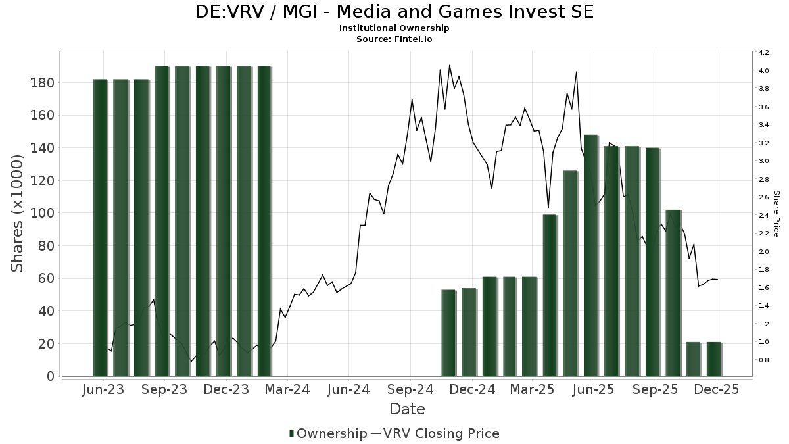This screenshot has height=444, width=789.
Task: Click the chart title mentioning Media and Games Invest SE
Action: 394,12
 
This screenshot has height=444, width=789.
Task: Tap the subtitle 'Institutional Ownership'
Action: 394,28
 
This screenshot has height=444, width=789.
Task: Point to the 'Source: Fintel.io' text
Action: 394,39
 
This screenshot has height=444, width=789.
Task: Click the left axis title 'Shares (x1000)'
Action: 18,214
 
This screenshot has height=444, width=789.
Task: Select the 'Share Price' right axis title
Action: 776,214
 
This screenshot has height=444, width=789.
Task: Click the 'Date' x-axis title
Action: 407,409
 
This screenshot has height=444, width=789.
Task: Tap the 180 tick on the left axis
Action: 42,83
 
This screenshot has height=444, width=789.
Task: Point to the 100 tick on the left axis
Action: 42,213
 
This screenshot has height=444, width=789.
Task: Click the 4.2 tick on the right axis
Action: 764,53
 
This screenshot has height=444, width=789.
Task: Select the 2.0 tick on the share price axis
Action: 764,252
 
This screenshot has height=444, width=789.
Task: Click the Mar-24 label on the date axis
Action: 287,390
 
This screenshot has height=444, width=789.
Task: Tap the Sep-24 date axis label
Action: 410,390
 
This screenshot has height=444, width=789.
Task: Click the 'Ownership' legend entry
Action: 327,433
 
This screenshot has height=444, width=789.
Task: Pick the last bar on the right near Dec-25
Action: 714,359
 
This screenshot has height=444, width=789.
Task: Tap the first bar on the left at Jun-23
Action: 100,228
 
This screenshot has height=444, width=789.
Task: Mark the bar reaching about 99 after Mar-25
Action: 550,295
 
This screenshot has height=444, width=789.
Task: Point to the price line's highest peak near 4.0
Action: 450,65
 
